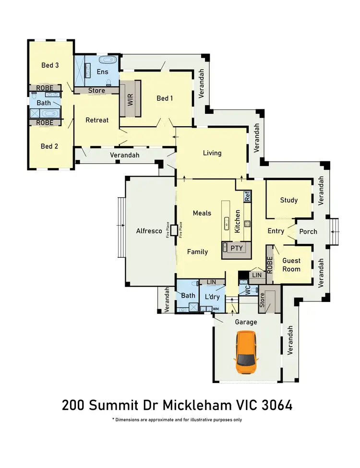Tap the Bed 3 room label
pos(50,65)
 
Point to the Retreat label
pos(97,120)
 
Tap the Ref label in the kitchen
pos(247,196)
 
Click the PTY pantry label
pos(236,248)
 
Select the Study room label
pos(289,200)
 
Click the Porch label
pos(308,231)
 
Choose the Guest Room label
pos(291,265)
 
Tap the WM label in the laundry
pos(216,309)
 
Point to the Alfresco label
pos(149,231)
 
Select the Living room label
pos(212,153)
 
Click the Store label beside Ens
pos(96,90)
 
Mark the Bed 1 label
pos(165,98)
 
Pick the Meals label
pos(202,213)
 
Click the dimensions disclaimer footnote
pos(177,420)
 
